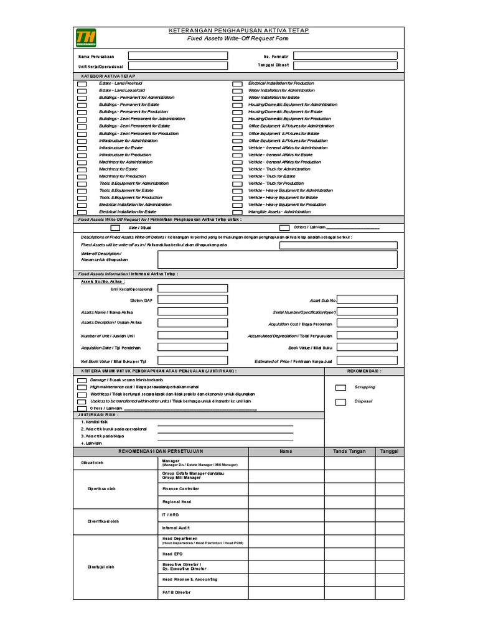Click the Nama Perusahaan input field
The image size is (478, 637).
point(177,55)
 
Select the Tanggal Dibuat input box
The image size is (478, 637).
point(344,65)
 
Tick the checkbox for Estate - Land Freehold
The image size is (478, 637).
point(83,83)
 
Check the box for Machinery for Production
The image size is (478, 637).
point(83,177)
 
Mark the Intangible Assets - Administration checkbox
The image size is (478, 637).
point(237,212)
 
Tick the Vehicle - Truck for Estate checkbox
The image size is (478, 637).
point(237,177)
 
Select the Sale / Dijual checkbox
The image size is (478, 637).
point(116,228)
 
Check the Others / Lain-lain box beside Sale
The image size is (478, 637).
point(284,228)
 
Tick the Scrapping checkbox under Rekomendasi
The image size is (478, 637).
point(340,387)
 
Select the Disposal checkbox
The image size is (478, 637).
point(340,402)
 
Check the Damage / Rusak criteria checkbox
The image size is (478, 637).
point(83,380)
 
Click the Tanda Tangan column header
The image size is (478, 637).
point(349,451)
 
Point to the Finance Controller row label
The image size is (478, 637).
point(177,489)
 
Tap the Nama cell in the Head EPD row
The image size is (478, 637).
point(286,554)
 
